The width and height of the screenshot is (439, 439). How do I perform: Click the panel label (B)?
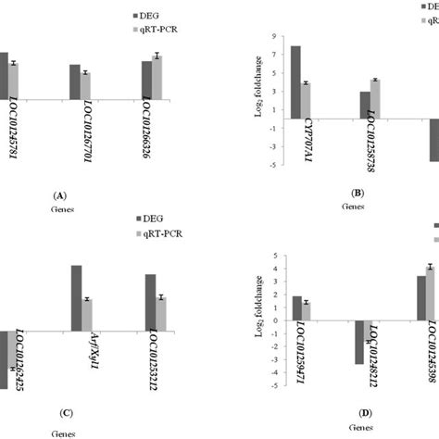pos(357,193)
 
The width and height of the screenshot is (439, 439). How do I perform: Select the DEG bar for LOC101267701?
pos(74,81)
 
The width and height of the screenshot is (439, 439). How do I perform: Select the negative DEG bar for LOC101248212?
pos(358,342)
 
